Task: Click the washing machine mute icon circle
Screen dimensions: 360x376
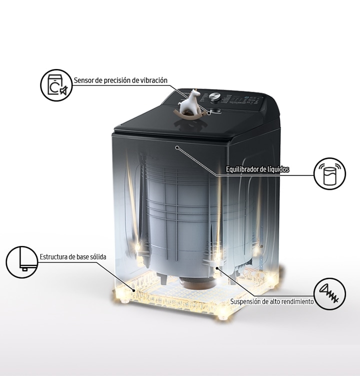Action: [56, 85]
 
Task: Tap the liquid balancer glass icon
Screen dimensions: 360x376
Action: [330, 173]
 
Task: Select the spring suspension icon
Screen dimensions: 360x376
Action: [330, 294]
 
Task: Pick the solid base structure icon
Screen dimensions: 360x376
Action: [22, 262]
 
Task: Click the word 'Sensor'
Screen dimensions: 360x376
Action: [83, 80]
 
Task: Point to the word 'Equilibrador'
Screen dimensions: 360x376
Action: [242, 169]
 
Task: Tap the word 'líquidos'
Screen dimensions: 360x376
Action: [278, 169]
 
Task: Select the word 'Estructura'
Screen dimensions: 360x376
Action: [53, 257]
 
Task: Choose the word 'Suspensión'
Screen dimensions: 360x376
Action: [242, 301]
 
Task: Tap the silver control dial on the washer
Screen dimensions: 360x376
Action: [214, 96]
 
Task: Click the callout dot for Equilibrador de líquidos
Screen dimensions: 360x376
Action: [177, 147]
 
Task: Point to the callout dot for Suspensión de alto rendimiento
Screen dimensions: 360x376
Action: [216, 268]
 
